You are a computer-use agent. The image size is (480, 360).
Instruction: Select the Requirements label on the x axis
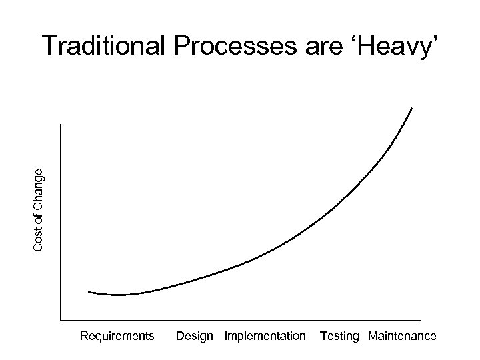(x=117, y=336)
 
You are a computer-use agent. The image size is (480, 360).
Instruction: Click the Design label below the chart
(x=194, y=336)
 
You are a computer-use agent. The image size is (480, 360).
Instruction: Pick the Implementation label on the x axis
(x=265, y=336)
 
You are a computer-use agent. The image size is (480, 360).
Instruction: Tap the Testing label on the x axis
(x=339, y=336)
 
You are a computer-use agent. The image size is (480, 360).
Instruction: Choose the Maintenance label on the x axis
(x=402, y=336)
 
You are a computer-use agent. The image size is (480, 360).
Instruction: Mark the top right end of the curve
(x=411, y=108)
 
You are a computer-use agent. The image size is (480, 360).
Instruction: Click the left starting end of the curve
(x=89, y=292)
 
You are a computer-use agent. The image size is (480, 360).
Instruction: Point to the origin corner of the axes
(x=59, y=321)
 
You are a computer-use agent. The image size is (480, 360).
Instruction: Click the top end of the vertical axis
(x=59, y=125)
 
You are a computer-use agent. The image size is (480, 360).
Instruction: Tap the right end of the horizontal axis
(x=420, y=321)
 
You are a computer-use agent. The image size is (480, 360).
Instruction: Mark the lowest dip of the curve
(x=120, y=295)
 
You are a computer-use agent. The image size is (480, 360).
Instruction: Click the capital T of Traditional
(x=51, y=47)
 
